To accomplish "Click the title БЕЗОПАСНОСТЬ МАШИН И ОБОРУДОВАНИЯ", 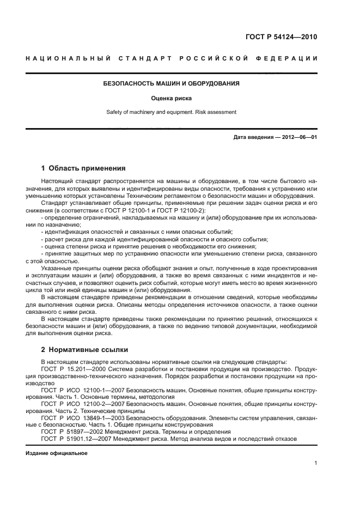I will (x=172, y=84).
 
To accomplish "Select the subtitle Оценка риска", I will (x=172, y=99).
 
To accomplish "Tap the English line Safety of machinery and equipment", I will (x=172, y=112).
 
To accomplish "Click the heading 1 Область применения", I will (x=83, y=168).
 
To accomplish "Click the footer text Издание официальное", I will (x=56, y=453).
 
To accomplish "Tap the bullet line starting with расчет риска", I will (x=155, y=239).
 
